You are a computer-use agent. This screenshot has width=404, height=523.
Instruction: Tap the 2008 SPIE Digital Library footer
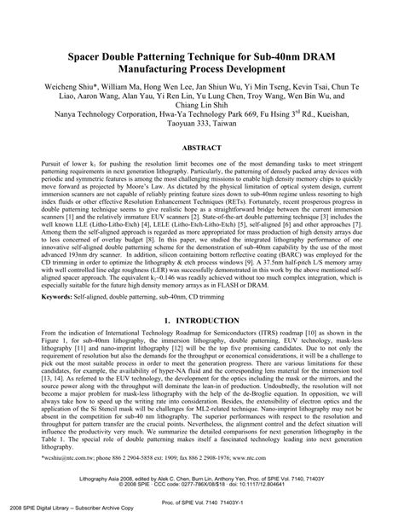coord(60,516)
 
